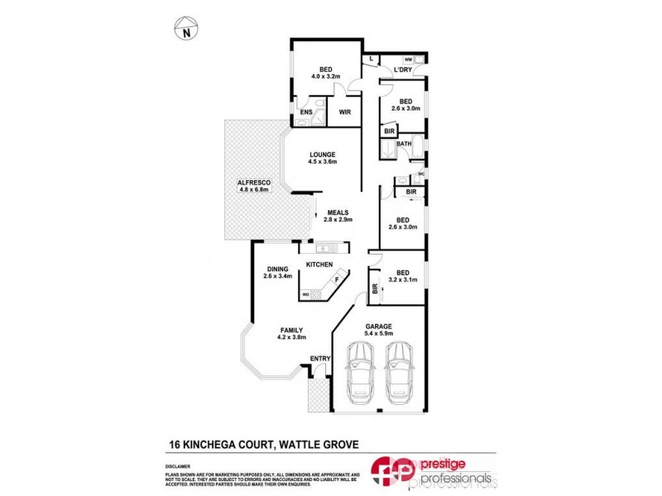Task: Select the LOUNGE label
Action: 322,154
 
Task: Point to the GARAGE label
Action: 379,326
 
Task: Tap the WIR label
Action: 345,112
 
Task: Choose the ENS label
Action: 306,112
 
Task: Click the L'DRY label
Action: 403,69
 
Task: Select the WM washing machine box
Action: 409,60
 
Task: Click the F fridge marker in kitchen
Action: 336,280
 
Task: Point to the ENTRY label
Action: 319,358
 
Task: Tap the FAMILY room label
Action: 290,330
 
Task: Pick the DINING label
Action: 277,268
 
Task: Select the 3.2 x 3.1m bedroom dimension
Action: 404,281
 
